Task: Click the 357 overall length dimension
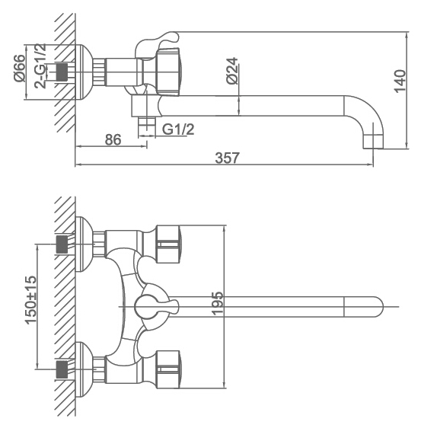coord(227,158)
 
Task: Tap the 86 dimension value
coord(113,140)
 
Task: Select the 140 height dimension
coord(400,81)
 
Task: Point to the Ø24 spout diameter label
coord(232,71)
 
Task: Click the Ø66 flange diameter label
coord(19,68)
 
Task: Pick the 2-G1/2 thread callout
coord(40,65)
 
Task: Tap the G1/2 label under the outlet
coord(178,129)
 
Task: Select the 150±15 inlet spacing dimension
coord(30,300)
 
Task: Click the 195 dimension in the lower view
coord(218,303)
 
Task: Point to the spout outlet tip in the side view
coord(373,142)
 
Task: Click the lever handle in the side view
coord(157,43)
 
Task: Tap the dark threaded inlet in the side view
coord(62,72)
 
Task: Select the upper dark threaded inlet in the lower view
coord(62,244)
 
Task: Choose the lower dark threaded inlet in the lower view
coord(62,369)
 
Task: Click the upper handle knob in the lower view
coord(167,244)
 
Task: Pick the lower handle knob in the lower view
coord(167,369)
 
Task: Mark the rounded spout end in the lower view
coord(363,307)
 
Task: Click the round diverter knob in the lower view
coord(147,307)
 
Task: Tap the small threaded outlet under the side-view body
coord(147,126)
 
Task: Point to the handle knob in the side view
coord(167,72)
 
